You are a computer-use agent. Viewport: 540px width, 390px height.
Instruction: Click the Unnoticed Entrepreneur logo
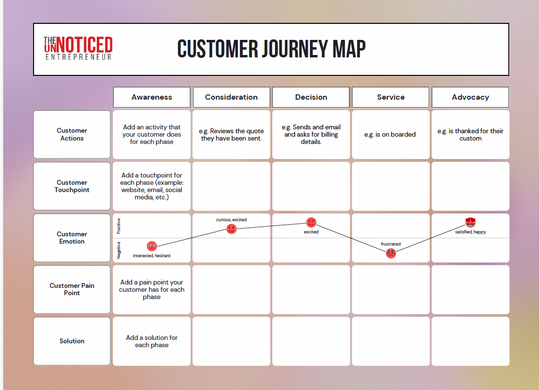(78, 48)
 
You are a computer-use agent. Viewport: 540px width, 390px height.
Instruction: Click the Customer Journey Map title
(271, 49)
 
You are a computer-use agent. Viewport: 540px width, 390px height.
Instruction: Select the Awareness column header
(151, 97)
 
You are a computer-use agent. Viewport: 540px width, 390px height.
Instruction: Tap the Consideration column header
(232, 97)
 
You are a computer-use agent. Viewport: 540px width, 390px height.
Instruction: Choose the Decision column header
(311, 97)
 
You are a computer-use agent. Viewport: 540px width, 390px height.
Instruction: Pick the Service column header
(391, 97)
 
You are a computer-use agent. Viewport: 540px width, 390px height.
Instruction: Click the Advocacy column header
(470, 97)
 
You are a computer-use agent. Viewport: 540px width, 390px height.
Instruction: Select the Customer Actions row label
(72, 134)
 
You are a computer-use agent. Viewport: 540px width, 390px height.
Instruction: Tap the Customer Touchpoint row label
(72, 186)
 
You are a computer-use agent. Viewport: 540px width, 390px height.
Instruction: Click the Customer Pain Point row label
(72, 289)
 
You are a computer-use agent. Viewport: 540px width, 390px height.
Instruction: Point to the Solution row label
(72, 341)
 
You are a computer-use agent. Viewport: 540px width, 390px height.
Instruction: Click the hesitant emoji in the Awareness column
(152, 246)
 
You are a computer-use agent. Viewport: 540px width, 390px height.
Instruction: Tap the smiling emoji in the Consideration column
(232, 229)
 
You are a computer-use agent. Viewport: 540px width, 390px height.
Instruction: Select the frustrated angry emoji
(391, 254)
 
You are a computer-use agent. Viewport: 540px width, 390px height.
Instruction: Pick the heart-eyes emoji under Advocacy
(470, 222)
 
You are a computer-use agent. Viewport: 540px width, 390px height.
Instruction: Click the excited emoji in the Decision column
(311, 223)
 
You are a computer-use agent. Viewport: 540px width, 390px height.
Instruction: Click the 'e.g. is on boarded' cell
(391, 135)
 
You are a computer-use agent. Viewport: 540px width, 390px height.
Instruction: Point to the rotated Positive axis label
(119, 226)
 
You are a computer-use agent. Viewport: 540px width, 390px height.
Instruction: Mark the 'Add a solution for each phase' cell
(151, 341)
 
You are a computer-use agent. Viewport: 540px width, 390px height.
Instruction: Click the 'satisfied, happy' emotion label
(470, 232)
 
